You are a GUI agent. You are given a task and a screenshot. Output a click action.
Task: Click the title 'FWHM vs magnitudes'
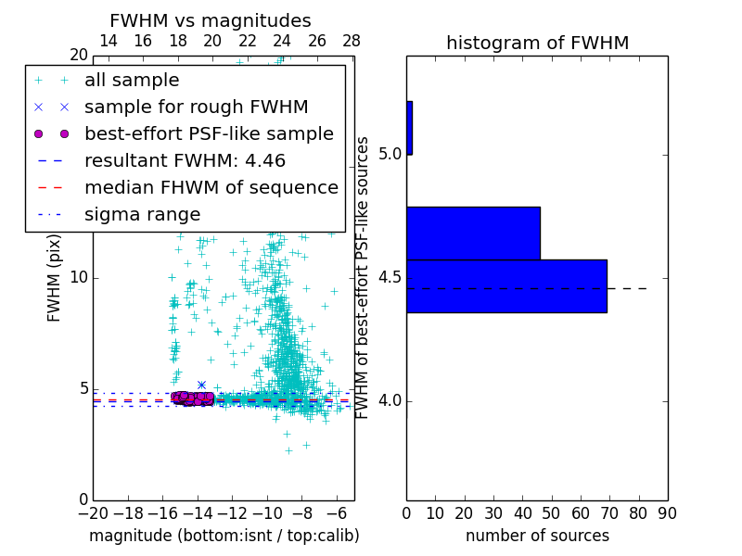(x=211, y=21)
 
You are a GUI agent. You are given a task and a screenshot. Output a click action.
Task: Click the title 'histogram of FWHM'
(x=537, y=43)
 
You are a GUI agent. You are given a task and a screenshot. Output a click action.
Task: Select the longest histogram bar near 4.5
(x=506, y=285)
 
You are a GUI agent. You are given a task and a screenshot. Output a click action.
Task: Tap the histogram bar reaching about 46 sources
(x=473, y=233)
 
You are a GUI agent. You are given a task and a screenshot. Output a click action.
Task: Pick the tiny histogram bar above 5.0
(x=409, y=128)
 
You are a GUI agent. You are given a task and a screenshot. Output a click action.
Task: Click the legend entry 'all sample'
(x=132, y=81)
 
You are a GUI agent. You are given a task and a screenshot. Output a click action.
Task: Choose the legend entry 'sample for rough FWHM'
(x=196, y=107)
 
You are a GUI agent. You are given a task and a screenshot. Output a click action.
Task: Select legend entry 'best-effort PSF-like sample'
(x=209, y=134)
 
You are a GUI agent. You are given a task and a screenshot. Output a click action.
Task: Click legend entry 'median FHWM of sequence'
(x=211, y=188)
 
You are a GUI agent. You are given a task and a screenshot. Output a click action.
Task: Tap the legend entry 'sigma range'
(x=142, y=215)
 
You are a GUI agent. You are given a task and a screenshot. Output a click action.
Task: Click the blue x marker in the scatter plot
(x=201, y=385)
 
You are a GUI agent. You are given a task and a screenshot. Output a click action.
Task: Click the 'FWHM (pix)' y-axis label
(x=55, y=276)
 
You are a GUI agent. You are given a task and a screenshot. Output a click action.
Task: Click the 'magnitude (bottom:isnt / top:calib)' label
(x=224, y=536)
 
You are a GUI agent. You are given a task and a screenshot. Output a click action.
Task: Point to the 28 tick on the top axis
(x=352, y=42)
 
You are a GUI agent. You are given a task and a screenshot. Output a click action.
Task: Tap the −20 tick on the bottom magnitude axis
(x=93, y=512)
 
